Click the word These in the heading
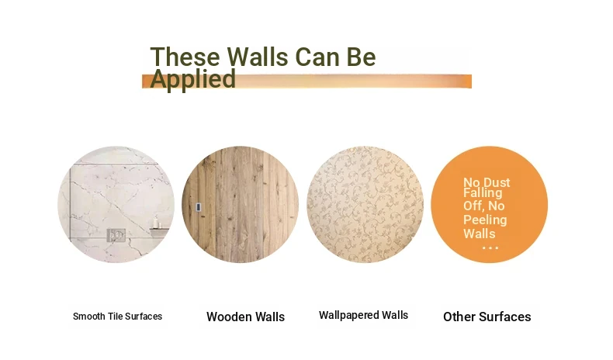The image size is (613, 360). tap(185, 57)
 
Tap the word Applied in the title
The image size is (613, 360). tap(193, 79)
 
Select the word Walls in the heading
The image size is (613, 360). tap(258, 57)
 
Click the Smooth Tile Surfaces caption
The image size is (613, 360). tap(117, 317)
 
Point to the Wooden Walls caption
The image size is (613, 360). tap(245, 317)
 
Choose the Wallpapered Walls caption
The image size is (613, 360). tap(364, 315)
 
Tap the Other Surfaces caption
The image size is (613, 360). tap(487, 317)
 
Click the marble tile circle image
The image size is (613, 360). tap(116, 204)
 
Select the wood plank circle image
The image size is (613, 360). tap(241, 204)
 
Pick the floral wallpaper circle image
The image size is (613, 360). tap(365, 204)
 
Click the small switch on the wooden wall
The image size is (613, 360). tap(199, 207)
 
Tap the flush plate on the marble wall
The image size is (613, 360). tap(116, 235)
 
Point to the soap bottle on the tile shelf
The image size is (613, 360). tap(156, 222)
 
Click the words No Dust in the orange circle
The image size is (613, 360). tap(487, 182)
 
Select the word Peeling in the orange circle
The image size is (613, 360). tap(485, 220)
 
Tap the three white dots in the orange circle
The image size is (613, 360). tap(490, 247)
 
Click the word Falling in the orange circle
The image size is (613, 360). tap(483, 192)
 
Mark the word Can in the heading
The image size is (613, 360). tap(317, 57)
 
